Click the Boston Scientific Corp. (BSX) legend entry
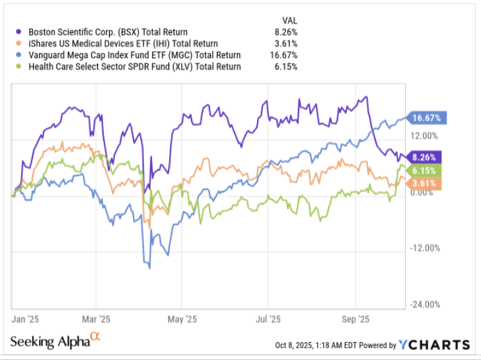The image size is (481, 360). (x=106, y=32)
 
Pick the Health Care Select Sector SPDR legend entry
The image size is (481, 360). (x=128, y=67)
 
